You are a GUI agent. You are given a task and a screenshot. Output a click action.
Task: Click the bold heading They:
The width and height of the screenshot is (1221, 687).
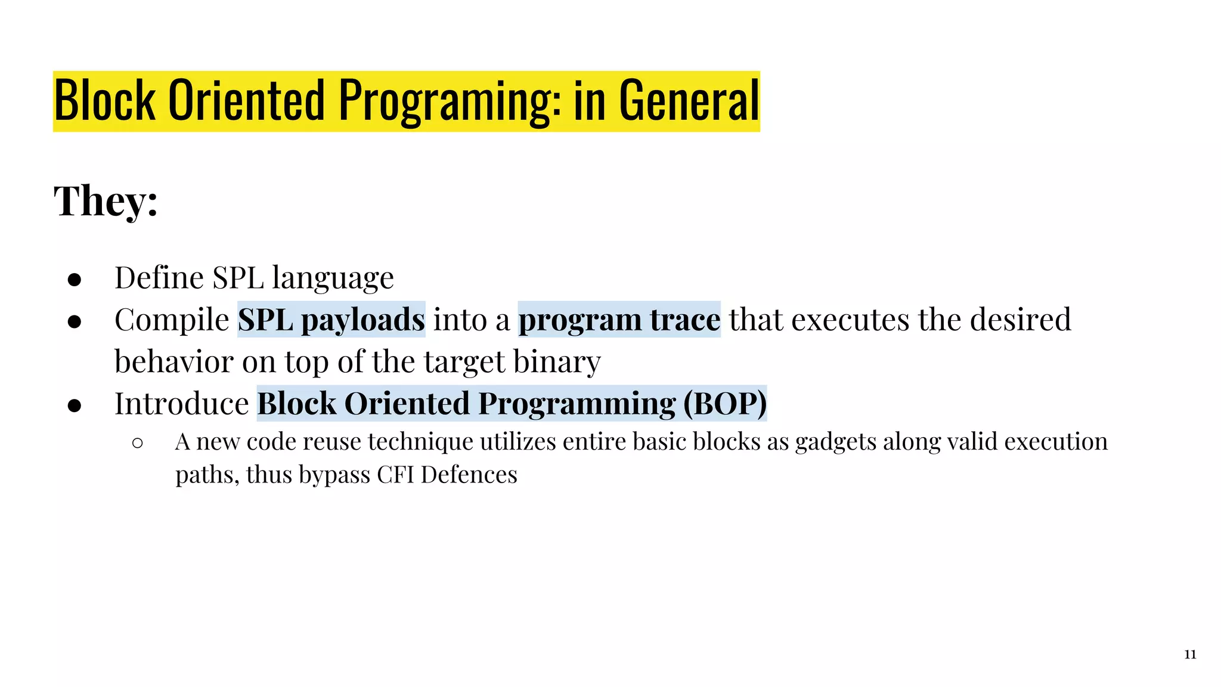pyautogui.click(x=106, y=201)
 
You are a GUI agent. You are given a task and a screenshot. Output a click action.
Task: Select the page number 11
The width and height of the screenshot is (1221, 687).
pyautogui.click(x=1190, y=655)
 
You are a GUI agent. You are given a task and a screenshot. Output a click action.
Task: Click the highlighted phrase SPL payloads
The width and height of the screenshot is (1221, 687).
pyautogui.click(x=331, y=320)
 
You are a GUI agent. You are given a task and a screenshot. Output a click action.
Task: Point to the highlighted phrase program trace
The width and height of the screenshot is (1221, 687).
pyautogui.click(x=619, y=320)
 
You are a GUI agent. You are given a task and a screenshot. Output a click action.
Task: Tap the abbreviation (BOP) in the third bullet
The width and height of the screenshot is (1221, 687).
pyautogui.click(x=724, y=404)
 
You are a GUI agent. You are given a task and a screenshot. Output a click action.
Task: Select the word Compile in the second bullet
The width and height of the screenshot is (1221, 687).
pyautogui.click(x=172, y=320)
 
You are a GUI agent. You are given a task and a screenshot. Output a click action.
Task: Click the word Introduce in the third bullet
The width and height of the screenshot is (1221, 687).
pyautogui.click(x=181, y=404)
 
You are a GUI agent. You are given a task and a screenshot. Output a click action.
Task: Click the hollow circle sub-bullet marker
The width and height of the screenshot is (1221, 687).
pyautogui.click(x=138, y=443)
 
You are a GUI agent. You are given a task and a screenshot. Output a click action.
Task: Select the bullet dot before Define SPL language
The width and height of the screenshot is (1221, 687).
pyautogui.click(x=75, y=279)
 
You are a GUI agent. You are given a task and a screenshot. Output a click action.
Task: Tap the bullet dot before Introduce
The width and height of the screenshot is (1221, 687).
pyautogui.click(x=75, y=406)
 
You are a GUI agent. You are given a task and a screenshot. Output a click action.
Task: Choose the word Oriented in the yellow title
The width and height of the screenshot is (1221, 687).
pyautogui.click(x=246, y=101)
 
